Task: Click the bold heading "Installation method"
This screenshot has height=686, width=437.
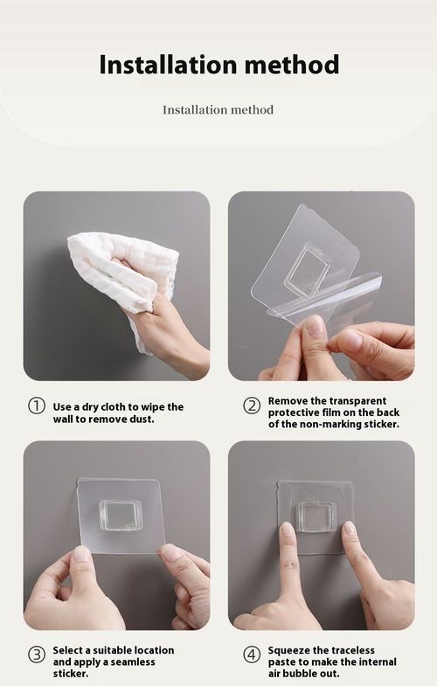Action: click(x=218, y=64)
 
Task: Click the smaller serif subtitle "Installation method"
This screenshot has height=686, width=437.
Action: click(x=218, y=110)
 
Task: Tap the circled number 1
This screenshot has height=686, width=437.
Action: click(x=37, y=406)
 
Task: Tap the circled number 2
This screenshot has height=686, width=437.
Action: click(x=252, y=405)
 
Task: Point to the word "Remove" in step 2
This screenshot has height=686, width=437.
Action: click(x=288, y=399)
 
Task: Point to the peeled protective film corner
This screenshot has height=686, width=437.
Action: click(x=367, y=284)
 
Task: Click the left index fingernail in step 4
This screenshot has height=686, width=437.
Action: click(x=287, y=530)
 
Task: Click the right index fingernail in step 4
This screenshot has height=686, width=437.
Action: click(x=350, y=530)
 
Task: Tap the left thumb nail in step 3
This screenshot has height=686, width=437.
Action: click(x=80, y=554)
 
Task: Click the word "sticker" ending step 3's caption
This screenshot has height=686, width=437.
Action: click(x=70, y=674)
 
